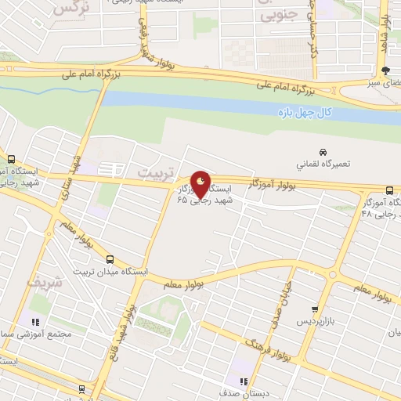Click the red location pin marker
pos(201,186)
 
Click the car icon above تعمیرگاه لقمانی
pos(322,151)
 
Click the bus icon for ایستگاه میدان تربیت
pos(109,259)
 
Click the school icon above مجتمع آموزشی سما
pos(35,320)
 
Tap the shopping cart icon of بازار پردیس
pos(315,310)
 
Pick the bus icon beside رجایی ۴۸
pos(390,190)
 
